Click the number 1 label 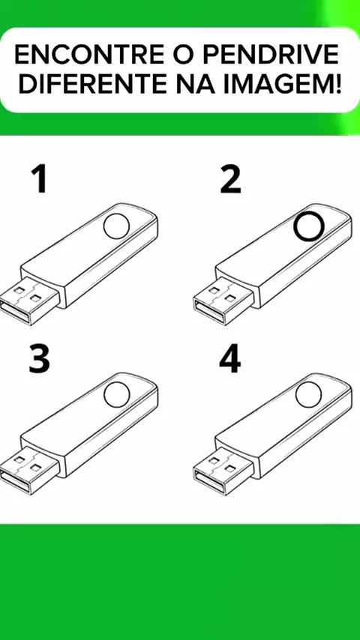coord(39,181)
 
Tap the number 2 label coord(230,181)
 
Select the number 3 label coord(39,360)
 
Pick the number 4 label coord(230,360)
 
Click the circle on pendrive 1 coord(103,226)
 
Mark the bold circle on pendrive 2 coord(295,227)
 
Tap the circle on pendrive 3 coord(103,395)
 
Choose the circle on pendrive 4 coord(296,395)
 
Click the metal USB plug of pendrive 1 coord(28,300)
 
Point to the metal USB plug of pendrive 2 coord(223,300)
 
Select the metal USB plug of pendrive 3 coord(28,469)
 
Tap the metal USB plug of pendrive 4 coord(223,469)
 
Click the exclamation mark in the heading coord(337,84)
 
